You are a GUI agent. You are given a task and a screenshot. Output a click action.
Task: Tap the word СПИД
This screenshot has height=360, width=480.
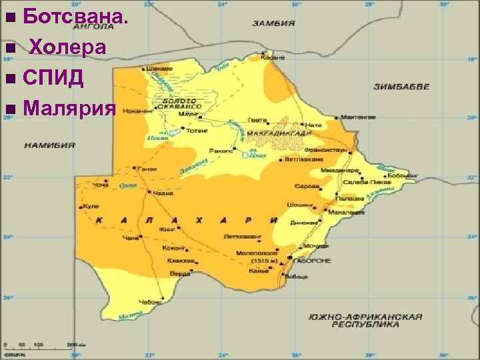point(53,77)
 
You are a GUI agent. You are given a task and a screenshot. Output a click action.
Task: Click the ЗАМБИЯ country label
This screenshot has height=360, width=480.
point(273,23)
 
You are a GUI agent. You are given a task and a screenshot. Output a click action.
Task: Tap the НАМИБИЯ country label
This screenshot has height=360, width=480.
point(49,144)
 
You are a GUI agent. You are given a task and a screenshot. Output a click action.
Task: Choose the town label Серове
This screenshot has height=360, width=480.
point(306,185)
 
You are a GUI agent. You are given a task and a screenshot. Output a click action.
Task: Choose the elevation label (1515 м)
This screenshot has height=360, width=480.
point(257,261)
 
